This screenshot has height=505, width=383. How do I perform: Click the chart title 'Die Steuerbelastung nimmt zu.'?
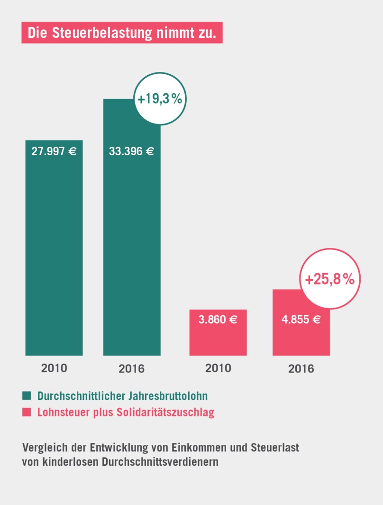122,33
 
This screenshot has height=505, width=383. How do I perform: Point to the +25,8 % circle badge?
330,279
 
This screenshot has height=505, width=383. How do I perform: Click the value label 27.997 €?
54,152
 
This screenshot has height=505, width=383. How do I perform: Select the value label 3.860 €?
218,319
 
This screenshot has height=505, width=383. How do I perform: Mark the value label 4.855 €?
301,319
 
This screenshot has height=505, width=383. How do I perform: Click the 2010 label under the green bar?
54,368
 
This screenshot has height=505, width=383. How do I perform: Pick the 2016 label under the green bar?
132,368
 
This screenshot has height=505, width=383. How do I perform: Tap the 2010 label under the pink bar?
218,368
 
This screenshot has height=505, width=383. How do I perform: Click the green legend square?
26,395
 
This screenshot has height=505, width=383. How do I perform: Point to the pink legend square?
26,412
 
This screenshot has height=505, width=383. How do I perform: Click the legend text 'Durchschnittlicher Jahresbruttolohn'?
122,395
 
